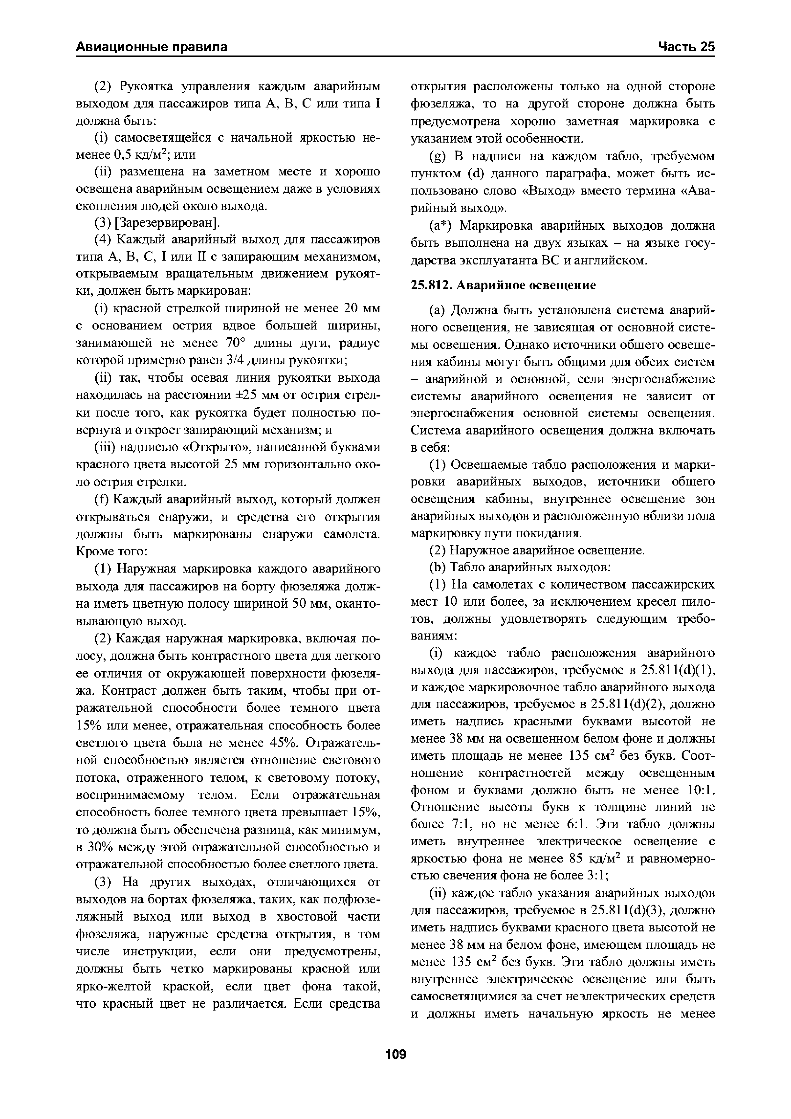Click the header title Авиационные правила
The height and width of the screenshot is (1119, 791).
click(151, 47)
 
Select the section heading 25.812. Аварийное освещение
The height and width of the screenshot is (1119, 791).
click(503, 285)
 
